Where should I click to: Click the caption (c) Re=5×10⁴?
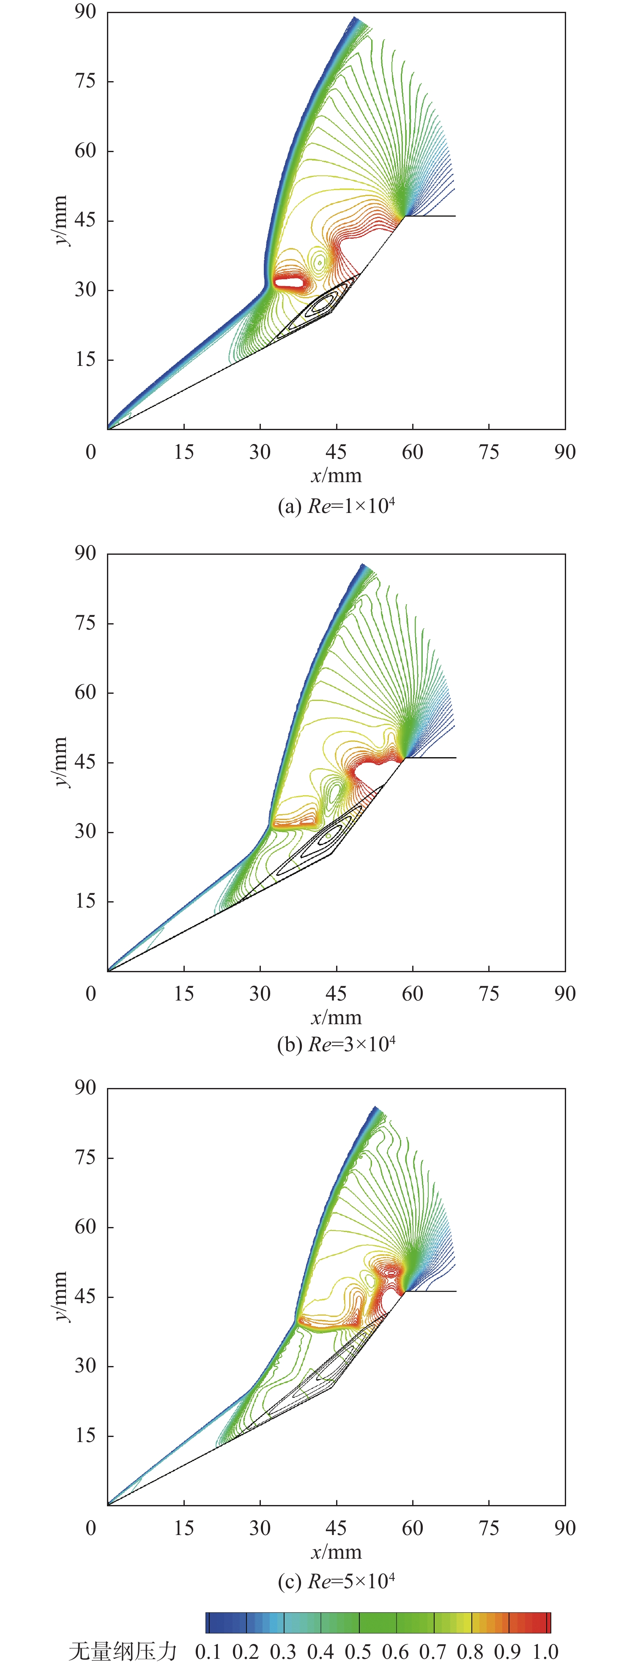point(336,1581)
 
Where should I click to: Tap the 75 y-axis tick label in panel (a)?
point(85,81)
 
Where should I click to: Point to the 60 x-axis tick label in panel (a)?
point(412,452)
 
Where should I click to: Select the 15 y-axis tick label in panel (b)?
point(85,901)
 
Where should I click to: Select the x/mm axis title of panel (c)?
point(336,1552)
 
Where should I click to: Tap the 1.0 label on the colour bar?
point(545,1652)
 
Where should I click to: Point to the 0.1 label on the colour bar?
point(208,1652)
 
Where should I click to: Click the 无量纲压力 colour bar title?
point(123,1651)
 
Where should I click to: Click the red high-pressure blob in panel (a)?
point(289,282)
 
